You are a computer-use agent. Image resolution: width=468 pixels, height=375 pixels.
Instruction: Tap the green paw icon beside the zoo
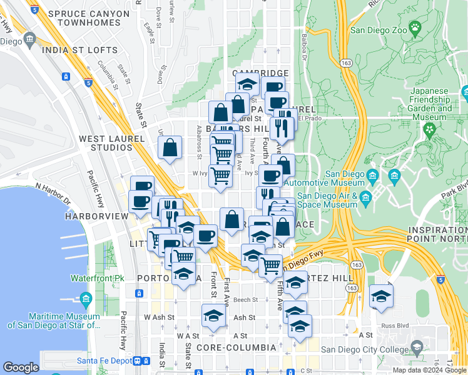[415, 27]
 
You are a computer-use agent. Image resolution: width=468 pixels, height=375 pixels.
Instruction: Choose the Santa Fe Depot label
[103, 361]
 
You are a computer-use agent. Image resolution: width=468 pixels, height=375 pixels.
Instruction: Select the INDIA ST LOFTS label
[79, 51]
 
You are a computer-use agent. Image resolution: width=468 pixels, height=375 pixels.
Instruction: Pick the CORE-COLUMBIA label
[236, 347]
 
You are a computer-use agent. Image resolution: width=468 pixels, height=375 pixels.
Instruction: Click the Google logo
[21, 367]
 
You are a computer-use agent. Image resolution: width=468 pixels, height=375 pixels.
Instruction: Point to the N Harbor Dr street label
[53, 194]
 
